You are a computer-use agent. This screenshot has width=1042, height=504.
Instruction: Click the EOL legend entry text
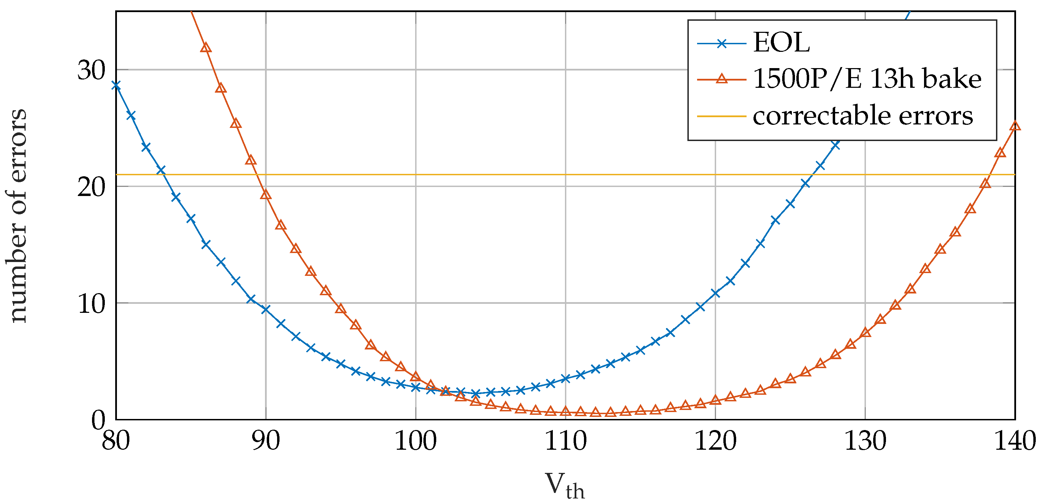tap(781, 43)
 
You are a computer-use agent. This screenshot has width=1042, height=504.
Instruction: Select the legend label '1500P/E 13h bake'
tap(867, 79)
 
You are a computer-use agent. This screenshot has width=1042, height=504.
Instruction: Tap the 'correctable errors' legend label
tap(862, 116)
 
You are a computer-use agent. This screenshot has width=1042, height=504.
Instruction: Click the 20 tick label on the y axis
tap(91, 187)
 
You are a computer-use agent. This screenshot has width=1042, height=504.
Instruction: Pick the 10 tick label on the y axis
tap(91, 304)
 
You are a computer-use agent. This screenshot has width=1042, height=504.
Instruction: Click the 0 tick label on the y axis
tap(98, 420)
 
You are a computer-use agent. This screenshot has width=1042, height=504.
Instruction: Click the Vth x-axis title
tap(565, 485)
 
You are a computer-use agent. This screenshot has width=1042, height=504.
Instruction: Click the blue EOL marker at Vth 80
tap(116, 85)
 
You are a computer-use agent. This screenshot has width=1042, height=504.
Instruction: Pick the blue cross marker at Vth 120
tap(715, 293)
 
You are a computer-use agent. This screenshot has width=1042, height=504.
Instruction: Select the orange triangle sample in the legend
tap(722, 79)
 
